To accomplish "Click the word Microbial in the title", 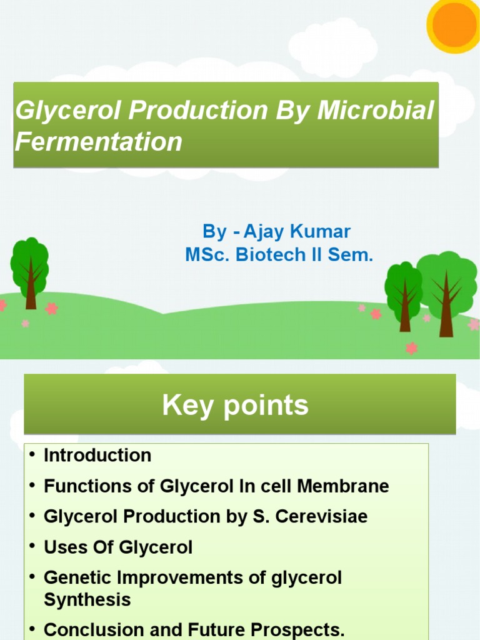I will point(376,111).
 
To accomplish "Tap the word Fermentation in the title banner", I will point(99,142).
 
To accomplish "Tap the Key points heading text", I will point(235,405).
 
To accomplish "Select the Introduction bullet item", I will point(97,456).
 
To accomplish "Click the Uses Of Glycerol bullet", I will point(118,547).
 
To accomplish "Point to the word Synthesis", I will point(87,600).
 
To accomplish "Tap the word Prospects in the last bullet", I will point(291,628).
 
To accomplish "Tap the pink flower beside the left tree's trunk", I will point(51,309).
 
